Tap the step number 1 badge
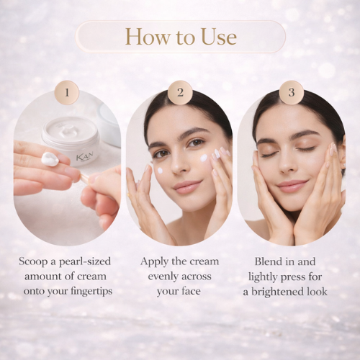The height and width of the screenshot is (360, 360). (x=67, y=92)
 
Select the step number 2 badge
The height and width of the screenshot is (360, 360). (x=180, y=92)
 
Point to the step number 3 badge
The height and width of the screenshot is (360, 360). (x=292, y=92)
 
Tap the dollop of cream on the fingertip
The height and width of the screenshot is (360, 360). (x=50, y=159)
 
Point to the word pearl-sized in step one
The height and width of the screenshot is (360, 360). (x=85, y=262)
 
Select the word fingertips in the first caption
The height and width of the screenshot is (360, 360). (x=91, y=292)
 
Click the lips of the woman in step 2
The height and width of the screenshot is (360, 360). (x=187, y=186)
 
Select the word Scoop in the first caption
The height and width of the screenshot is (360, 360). (x=34, y=262)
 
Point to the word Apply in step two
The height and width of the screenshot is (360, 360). (x=154, y=262)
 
